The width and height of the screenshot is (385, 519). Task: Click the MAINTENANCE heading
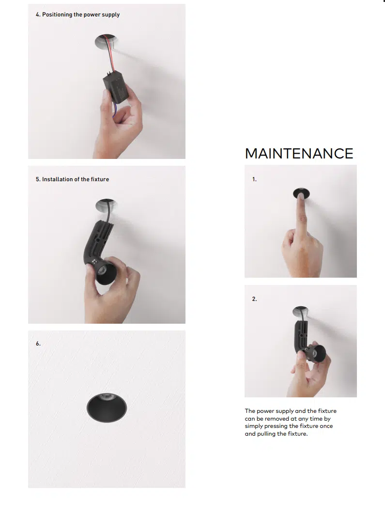pos(299,154)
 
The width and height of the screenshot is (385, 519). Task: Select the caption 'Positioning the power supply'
pos(80,15)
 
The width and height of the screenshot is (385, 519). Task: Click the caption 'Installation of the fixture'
pos(75,179)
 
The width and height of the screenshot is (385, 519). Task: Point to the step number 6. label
pos(38,344)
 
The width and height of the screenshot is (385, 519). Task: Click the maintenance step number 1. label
pos(254,179)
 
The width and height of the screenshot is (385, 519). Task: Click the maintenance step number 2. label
pos(254,299)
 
